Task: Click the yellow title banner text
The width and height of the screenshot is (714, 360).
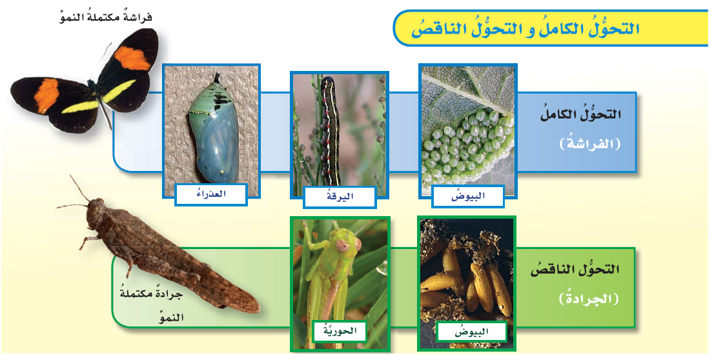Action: click(x=525, y=28)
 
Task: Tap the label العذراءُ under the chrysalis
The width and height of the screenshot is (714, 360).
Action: click(x=211, y=194)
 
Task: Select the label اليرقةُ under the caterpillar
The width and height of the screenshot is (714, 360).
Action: click(x=340, y=197)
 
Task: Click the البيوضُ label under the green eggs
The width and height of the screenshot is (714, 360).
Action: click(x=467, y=196)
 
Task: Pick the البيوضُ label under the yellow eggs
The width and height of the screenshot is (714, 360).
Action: click(x=471, y=332)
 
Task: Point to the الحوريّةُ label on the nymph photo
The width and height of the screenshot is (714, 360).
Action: click(x=340, y=332)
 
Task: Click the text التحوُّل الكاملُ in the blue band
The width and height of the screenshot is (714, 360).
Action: click(x=580, y=114)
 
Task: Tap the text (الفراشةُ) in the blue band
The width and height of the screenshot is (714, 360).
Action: click(x=590, y=145)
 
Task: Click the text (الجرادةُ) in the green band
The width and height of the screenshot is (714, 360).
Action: click(x=589, y=299)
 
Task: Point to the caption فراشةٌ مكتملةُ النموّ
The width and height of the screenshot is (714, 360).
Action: click(x=106, y=18)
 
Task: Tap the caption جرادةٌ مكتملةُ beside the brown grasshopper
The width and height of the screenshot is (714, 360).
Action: click(x=151, y=294)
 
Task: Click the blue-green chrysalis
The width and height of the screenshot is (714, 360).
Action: click(x=212, y=130)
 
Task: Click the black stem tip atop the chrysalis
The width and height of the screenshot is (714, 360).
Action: click(x=217, y=78)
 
